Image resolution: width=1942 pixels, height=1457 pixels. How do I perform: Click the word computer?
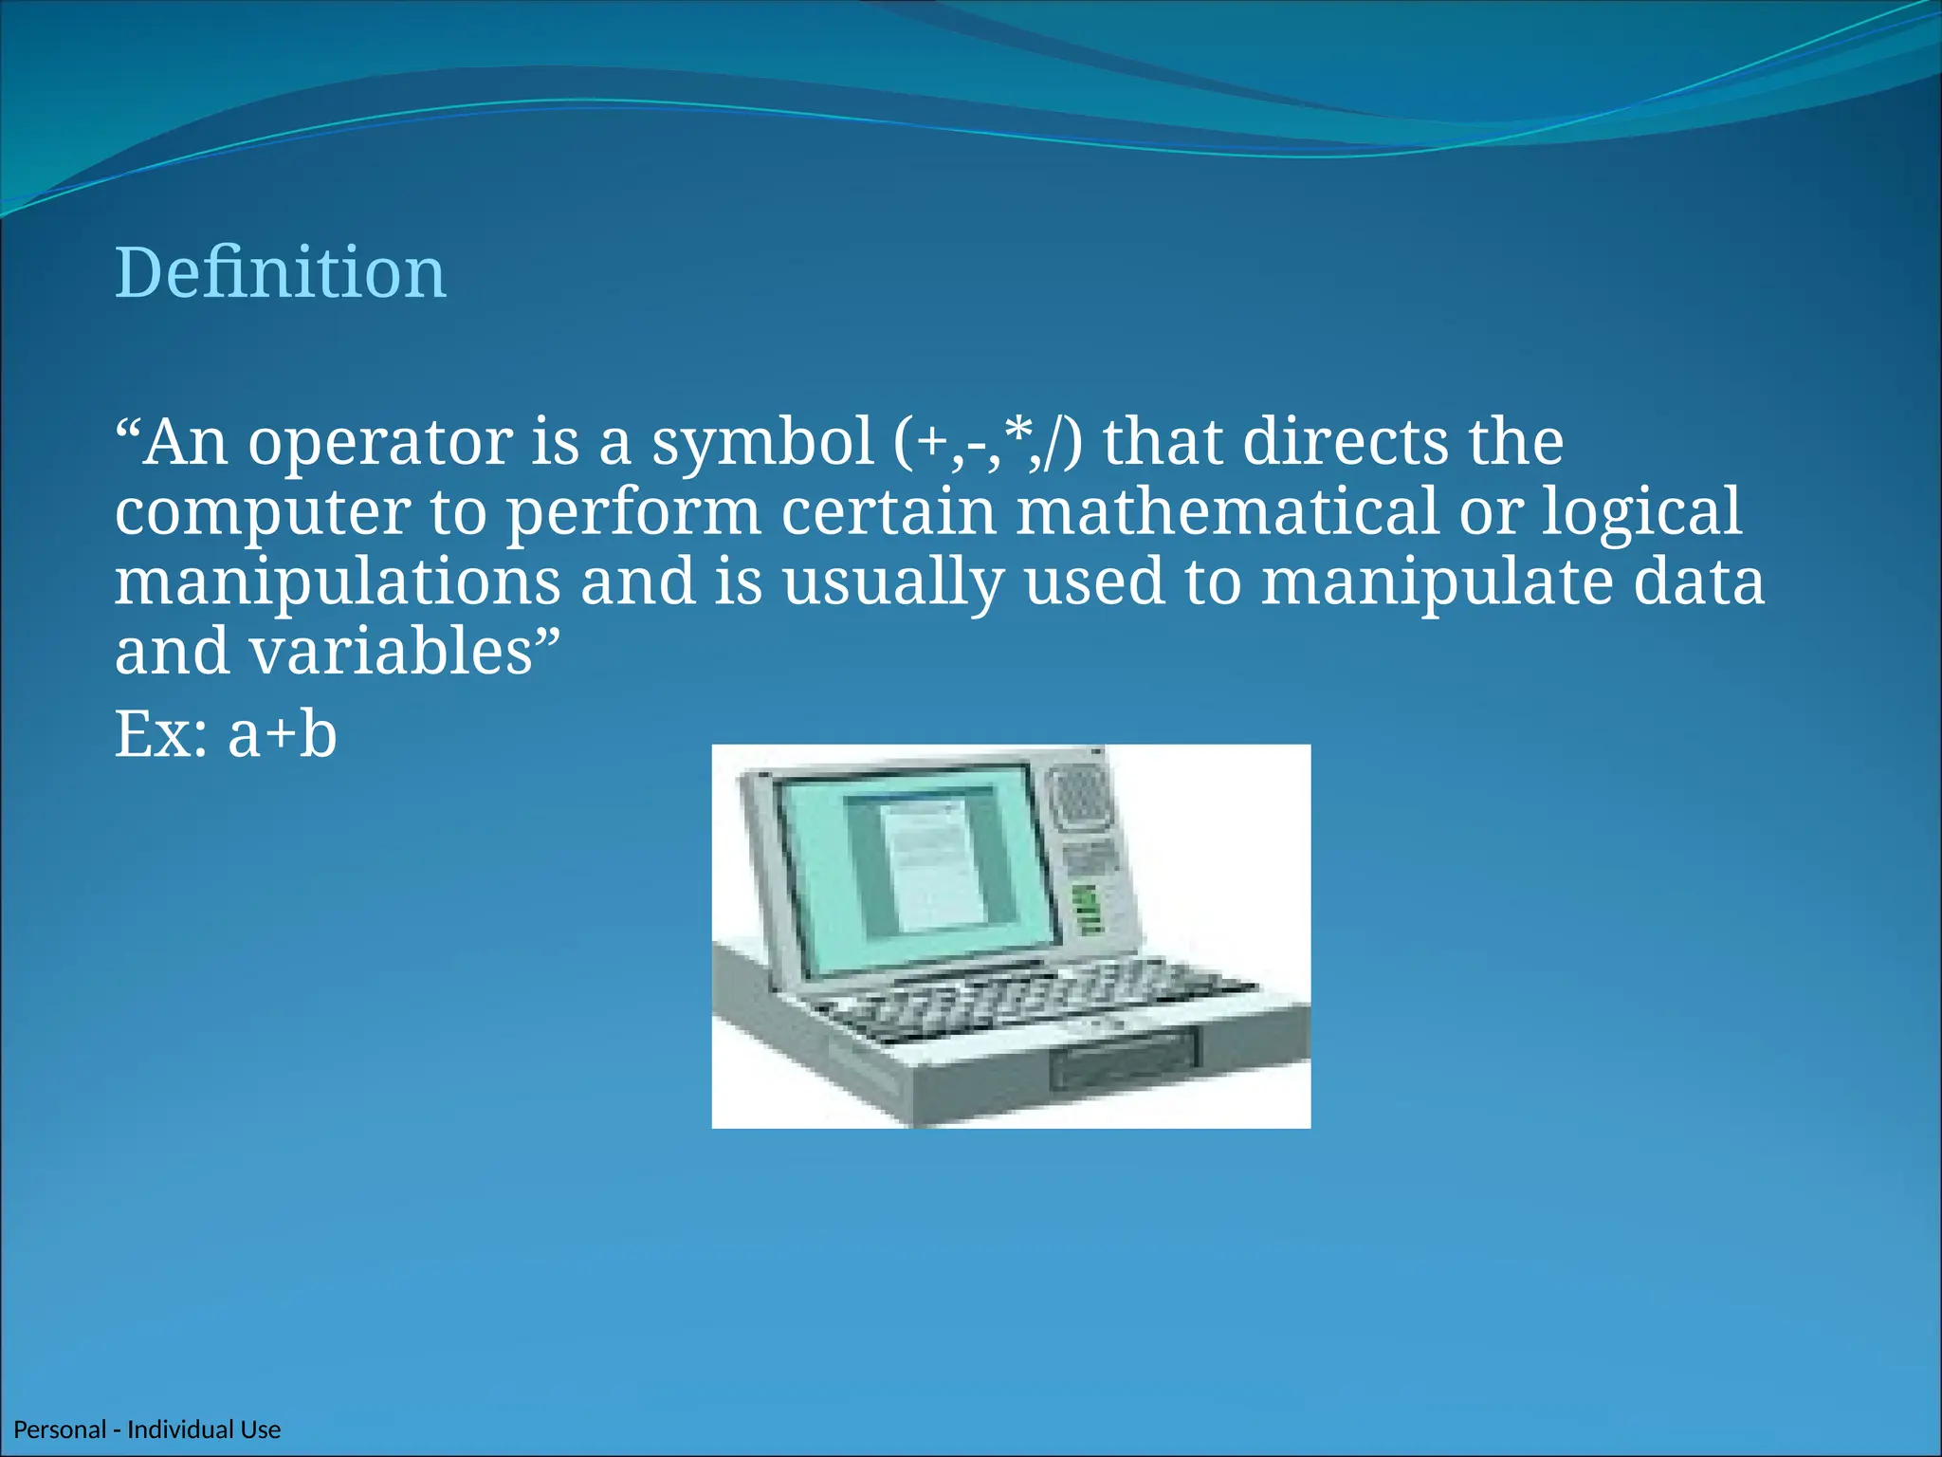pyautogui.click(x=263, y=513)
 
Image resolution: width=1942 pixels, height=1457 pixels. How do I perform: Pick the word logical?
pyautogui.click(x=1641, y=513)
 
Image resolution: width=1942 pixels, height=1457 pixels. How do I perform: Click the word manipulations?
pyautogui.click(x=338, y=582)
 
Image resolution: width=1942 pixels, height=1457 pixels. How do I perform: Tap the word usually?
pyautogui.click(x=892, y=582)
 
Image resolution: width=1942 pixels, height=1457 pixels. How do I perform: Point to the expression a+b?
pyautogui.click(x=283, y=735)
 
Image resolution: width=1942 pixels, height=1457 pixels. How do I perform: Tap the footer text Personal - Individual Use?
pyautogui.click(x=147, y=1429)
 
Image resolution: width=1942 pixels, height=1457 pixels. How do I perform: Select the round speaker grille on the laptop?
pyautogui.click(x=1080, y=796)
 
